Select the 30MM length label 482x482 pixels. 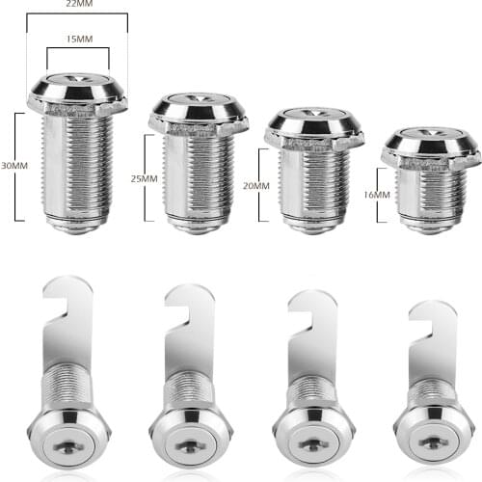[x=14, y=165]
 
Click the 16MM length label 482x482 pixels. [x=376, y=195]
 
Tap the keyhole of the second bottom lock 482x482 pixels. [x=191, y=444]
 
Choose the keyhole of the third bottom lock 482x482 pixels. [x=310, y=444]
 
